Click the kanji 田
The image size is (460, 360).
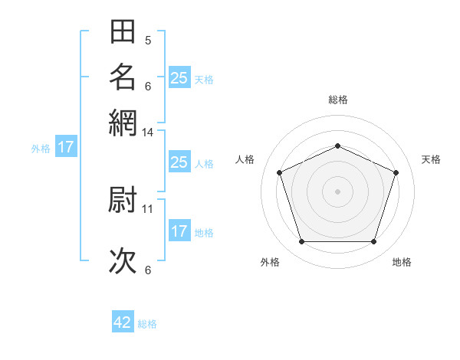point(123,32)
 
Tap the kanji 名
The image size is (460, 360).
point(123,77)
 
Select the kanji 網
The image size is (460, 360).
point(123,122)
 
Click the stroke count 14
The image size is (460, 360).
point(148,133)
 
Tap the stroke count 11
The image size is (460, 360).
point(148,208)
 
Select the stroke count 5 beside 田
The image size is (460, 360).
point(148,40)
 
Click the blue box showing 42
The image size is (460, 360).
point(123,322)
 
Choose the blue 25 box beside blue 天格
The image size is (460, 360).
point(179,77)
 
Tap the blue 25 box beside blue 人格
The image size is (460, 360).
point(179,162)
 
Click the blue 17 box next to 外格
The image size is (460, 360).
point(66,147)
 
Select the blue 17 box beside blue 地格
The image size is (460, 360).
point(179,231)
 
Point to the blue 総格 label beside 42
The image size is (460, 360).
point(147,324)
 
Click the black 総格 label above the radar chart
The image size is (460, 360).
point(338,100)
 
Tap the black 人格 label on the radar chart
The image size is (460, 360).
point(245,159)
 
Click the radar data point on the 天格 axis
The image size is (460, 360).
point(396,172)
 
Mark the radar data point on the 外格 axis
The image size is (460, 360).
point(301,242)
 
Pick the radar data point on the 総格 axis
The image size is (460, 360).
point(338,146)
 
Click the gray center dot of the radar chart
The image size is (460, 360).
point(338,191)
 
